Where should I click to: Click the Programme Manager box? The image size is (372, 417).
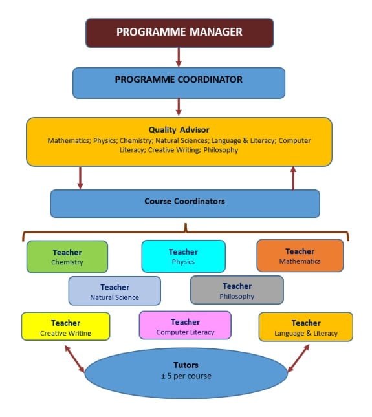coord(180,33)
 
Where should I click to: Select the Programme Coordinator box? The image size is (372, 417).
coord(179,83)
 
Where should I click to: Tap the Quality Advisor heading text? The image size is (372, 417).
coord(179,130)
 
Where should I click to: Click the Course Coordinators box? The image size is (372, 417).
coord(185,204)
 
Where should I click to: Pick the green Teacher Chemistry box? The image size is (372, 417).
coord(67,257)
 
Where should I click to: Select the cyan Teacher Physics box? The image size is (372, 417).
coord(183,256)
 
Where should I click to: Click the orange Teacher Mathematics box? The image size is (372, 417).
coord(300,255)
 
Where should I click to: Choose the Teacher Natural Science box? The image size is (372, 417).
coord(115,291)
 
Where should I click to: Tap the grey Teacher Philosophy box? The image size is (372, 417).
coord(237,290)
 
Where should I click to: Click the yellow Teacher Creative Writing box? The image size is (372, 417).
coord(65,326)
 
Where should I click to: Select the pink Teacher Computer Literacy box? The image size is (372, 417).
coord(185,325)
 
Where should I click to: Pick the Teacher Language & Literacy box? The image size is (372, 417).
coord(306,326)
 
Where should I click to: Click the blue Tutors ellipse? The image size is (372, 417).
coord(186,373)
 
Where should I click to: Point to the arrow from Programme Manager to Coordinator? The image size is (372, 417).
coord(179,58)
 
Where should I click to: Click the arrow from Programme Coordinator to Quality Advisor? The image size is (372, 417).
coord(179,107)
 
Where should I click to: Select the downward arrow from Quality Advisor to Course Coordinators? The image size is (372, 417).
coord(80,178)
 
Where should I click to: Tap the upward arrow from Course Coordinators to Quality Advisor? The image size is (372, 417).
coord(293,178)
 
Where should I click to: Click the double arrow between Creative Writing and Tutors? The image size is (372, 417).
coord(74,359)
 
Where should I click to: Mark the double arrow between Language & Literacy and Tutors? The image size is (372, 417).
coord(298,358)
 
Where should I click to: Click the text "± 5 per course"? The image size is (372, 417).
coord(186,376)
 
